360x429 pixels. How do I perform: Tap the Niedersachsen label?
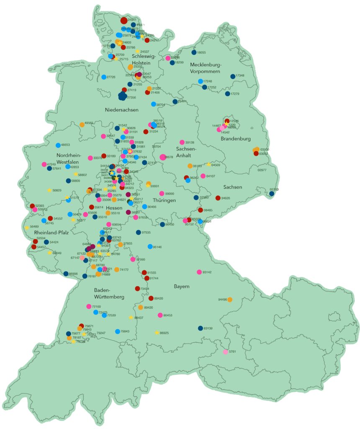(x=122, y=110)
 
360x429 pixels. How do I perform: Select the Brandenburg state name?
(x=236, y=139)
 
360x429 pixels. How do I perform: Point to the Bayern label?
(x=182, y=287)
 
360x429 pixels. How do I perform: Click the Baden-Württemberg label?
(x=109, y=293)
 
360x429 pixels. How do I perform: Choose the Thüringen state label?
(x=164, y=200)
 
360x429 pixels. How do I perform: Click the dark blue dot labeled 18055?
(x=194, y=52)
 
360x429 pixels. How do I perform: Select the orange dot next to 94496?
(x=230, y=299)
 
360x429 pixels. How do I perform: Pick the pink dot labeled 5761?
(x=226, y=351)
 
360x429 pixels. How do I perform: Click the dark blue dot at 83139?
(x=200, y=328)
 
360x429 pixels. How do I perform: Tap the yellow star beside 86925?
(x=157, y=333)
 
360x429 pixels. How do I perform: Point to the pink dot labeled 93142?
(x=199, y=272)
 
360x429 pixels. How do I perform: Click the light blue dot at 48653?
(x=58, y=145)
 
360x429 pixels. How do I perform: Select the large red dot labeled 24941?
(x=123, y=20)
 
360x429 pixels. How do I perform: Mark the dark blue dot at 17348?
(x=232, y=76)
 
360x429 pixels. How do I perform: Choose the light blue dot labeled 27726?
(x=103, y=77)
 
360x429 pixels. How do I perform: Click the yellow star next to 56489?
(x=27, y=227)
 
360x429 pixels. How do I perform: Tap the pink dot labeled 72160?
(x=89, y=306)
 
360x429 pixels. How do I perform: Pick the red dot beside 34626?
(x=218, y=198)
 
